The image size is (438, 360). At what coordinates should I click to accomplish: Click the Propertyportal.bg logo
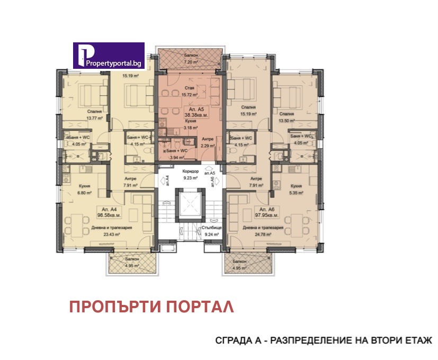pos(109,56)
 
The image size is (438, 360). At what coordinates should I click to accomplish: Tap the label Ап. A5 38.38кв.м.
pos(188,112)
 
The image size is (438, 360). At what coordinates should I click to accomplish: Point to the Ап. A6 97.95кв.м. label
pos(266,212)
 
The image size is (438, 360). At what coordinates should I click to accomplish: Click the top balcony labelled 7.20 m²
pos(189,59)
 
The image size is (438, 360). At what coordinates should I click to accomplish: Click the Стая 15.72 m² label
pos(189,92)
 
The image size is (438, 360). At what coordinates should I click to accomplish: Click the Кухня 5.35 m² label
pos(296,189)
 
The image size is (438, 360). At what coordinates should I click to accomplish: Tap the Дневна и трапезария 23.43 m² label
pos(110,230)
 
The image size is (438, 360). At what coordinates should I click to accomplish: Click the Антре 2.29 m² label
pos(208,142)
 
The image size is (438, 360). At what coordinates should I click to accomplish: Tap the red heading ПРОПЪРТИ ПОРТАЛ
pos(151,307)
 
